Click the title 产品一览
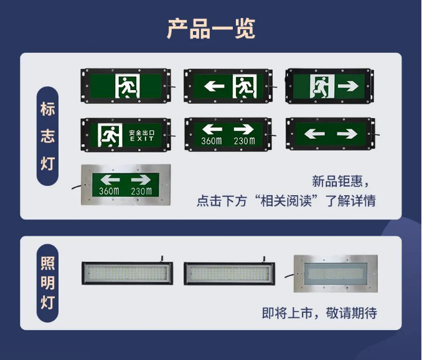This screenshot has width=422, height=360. click(x=211, y=29)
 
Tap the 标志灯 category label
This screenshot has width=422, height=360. click(x=48, y=136)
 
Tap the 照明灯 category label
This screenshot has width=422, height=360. click(x=48, y=283)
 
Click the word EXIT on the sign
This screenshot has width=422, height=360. click(x=142, y=139)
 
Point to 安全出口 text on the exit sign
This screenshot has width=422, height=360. click(x=142, y=133)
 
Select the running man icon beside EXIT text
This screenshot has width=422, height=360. click(x=110, y=135)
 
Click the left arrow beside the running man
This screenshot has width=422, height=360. click(x=214, y=86)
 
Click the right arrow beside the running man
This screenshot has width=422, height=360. click(x=348, y=86)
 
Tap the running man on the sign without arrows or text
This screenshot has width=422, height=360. click(x=128, y=86)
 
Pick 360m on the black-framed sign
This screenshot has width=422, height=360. click(x=212, y=141)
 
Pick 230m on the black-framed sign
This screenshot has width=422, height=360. click(x=245, y=141)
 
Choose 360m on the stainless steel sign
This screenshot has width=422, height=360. click(x=109, y=191)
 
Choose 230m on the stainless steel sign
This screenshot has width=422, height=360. click(x=141, y=191)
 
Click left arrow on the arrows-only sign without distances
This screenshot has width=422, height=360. click(x=314, y=134)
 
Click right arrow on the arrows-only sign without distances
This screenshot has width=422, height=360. click(x=347, y=134)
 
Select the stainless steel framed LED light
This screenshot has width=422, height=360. click(x=335, y=274)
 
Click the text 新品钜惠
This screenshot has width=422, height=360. click(x=337, y=181)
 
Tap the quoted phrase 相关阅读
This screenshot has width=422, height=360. click(x=286, y=201)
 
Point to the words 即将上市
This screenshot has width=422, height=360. click(x=288, y=313)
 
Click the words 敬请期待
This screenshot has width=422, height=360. click(x=352, y=313)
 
